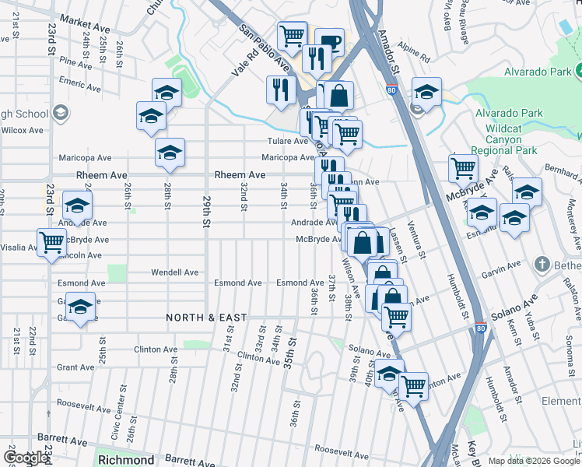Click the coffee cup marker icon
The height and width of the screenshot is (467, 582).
(329, 42)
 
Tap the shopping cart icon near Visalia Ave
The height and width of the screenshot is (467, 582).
(51, 241)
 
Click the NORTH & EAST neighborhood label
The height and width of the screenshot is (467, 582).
(206, 318)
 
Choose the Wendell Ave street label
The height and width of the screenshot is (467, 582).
(174, 272)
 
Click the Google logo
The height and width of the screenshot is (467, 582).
(26, 458)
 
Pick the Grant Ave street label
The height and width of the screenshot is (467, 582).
(75, 367)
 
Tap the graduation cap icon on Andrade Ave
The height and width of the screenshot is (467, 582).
(78, 207)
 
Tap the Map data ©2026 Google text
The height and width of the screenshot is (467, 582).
(532, 460)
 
